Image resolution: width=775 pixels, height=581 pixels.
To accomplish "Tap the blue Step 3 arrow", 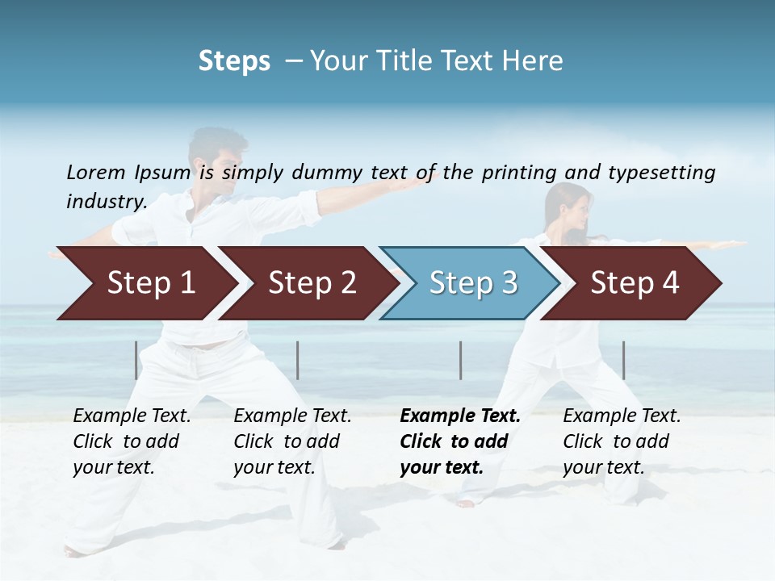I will [x=471, y=283].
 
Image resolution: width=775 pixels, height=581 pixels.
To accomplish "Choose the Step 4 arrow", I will [x=634, y=283].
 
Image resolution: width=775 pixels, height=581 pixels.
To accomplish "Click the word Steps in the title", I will [x=234, y=61].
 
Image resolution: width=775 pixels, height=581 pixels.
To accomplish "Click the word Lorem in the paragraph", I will [x=95, y=172].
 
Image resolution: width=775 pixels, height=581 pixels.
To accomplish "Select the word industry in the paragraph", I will [x=105, y=201].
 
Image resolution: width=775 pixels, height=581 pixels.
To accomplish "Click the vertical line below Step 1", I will [x=136, y=360].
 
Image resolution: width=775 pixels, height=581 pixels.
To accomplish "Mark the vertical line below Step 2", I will [x=298, y=360].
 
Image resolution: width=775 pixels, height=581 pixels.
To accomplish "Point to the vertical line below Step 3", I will [x=460, y=360].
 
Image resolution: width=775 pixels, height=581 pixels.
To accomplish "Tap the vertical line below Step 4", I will [x=623, y=360].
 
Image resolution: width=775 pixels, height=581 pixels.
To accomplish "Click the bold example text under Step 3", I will [x=459, y=441].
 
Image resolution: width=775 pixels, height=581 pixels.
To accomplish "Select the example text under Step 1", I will [x=132, y=441].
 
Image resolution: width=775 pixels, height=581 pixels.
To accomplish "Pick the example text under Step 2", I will [x=292, y=441].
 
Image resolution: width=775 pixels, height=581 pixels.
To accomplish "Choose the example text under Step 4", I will [x=622, y=441].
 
